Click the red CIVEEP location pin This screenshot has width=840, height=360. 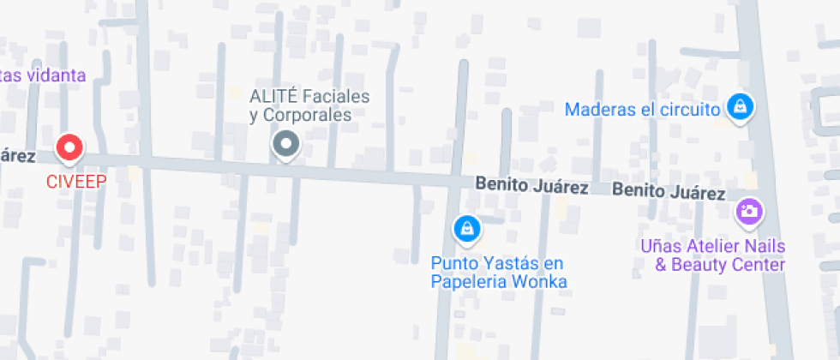(x=69, y=147)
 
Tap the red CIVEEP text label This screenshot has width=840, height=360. (x=69, y=181)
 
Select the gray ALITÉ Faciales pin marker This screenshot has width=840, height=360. (x=285, y=144)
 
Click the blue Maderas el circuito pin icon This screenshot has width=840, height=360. (x=737, y=107)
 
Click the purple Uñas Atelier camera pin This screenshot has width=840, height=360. (x=749, y=211)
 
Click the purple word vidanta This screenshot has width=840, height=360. (x=57, y=75)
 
